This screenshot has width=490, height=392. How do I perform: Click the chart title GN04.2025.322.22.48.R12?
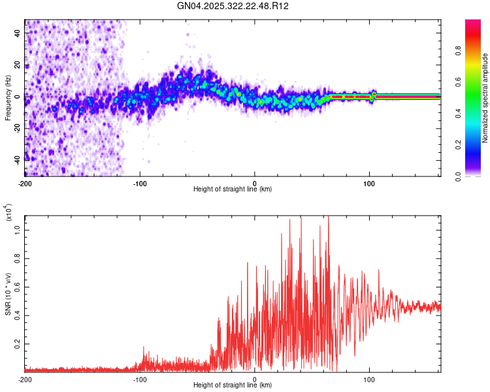pyautogui.click(x=233, y=6)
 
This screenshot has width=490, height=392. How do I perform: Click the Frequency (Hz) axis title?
pyautogui.click(x=8, y=98)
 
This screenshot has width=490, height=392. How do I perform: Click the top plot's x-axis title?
pyautogui.click(x=233, y=189)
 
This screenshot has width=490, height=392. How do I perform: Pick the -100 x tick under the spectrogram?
pyautogui.click(x=140, y=182)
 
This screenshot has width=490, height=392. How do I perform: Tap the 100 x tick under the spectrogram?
pyautogui.click(x=369, y=182)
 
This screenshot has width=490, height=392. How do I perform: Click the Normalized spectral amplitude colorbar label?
pyautogui.click(x=485, y=98)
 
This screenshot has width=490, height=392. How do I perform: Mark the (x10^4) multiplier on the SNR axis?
pyautogui.click(x=8, y=213)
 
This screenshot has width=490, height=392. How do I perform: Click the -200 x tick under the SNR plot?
pyautogui.click(x=25, y=379)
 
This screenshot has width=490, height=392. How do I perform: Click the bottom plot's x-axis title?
pyautogui.click(x=233, y=386)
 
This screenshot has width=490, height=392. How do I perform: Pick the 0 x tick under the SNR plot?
pyautogui.click(x=255, y=379)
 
